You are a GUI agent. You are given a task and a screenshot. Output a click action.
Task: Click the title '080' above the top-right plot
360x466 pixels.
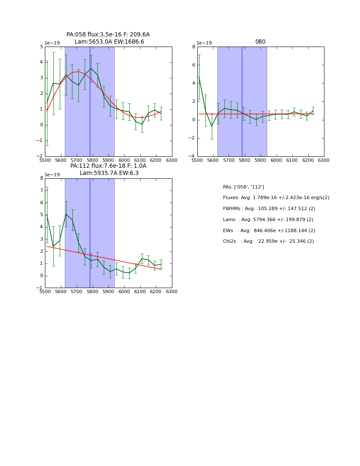coord(260,42)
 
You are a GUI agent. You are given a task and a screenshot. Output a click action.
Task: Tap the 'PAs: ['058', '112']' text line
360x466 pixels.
coord(244,187)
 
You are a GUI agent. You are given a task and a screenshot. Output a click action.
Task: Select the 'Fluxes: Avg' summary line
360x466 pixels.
coord(276,198)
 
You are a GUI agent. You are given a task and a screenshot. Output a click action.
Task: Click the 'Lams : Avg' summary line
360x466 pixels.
coord(268,220)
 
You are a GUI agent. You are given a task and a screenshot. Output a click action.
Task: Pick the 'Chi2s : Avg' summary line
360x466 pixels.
coord(269,241)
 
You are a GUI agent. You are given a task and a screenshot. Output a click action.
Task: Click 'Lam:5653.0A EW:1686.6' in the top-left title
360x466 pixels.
coord(109,42)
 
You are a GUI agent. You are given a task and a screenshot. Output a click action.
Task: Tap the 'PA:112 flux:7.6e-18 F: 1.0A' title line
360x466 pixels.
coord(108,166)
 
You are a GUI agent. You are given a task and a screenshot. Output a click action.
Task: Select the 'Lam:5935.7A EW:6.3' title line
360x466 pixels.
coord(109,173)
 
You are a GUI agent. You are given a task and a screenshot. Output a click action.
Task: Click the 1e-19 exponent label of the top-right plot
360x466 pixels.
coord(205,43)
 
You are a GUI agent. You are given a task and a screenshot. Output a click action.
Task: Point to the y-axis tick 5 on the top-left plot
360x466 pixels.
coord(41,47)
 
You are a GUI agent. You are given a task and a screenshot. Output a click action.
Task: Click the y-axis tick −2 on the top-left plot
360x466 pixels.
coord(40,156)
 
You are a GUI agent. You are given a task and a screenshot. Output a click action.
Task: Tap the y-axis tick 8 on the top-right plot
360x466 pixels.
coord(194,47)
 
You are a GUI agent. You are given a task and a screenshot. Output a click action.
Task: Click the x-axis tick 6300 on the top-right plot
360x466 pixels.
coord(324,161)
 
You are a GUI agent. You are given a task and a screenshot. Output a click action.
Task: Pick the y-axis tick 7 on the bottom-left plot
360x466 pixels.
coord(41,191)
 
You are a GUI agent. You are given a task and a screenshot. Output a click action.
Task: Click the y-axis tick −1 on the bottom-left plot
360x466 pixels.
coord(40,288)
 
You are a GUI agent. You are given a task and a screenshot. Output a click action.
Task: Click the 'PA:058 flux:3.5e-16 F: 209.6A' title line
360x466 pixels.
coord(108,35)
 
